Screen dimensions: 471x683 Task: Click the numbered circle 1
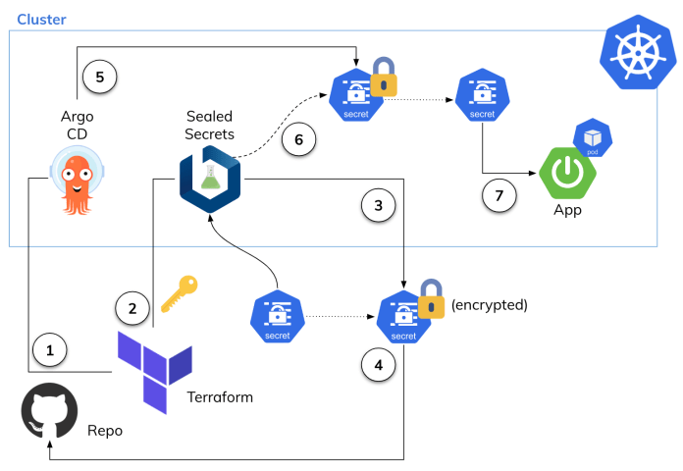50,348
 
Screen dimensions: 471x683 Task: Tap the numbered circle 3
379,206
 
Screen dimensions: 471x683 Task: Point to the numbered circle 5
99,77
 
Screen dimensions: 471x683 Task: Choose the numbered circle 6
300,140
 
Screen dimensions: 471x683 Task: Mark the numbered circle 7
499,194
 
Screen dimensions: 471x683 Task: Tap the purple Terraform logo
154,371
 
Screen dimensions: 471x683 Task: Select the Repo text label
105,431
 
